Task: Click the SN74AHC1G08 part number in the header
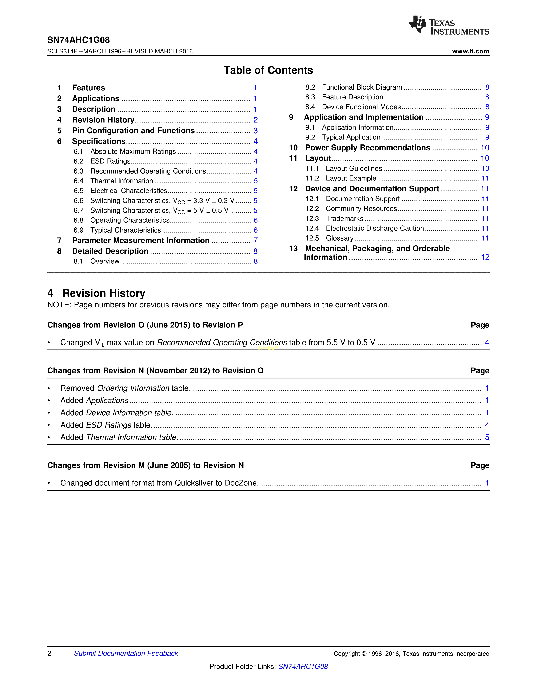(78, 40)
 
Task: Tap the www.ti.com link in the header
(470, 51)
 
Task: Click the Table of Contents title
(268, 70)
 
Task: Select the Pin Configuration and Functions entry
(133, 131)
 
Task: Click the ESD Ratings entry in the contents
(110, 161)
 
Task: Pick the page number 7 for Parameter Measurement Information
(255, 241)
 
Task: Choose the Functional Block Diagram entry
(362, 87)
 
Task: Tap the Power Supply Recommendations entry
(367, 148)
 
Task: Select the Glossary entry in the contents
(339, 238)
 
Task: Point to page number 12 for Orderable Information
(485, 257)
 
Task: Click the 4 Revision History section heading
(96, 293)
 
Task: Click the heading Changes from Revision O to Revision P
(145, 325)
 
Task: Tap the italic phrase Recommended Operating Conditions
(222, 342)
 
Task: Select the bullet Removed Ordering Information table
(125, 388)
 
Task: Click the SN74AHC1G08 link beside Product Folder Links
(303, 666)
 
